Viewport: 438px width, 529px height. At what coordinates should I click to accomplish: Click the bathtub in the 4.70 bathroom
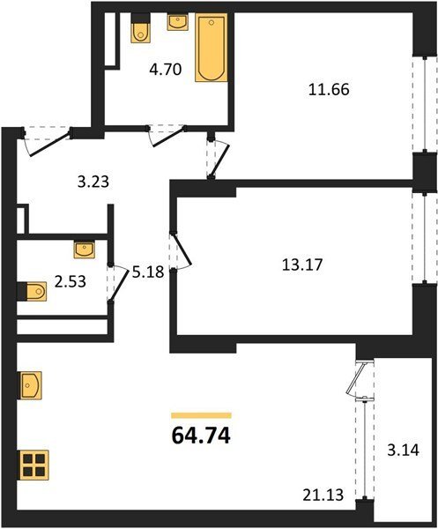(212, 48)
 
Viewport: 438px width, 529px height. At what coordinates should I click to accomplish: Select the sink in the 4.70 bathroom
(177, 21)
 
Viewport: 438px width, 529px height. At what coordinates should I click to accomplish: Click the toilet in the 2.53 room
(32, 291)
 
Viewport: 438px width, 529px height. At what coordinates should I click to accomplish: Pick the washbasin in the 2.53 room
(85, 250)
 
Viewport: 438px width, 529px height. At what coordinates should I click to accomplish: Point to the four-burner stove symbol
(34, 465)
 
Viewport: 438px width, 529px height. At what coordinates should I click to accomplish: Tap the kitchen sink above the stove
(31, 385)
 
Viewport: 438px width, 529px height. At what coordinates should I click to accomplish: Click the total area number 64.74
(201, 436)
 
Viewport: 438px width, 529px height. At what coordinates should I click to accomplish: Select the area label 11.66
(329, 90)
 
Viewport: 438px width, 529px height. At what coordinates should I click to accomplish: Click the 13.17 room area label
(302, 264)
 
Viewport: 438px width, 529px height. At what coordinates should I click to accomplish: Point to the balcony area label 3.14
(403, 450)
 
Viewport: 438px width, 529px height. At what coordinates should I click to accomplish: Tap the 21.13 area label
(323, 495)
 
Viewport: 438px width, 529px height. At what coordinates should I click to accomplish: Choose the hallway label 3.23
(93, 183)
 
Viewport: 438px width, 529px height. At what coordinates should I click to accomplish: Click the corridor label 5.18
(148, 272)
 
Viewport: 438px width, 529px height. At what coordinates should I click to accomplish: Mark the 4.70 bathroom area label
(166, 70)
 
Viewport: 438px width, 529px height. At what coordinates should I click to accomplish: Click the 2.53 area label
(71, 281)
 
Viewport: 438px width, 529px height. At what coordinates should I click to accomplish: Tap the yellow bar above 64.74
(201, 415)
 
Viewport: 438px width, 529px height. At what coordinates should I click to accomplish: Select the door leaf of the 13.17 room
(182, 249)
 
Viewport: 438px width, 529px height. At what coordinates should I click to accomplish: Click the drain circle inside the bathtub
(212, 23)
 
